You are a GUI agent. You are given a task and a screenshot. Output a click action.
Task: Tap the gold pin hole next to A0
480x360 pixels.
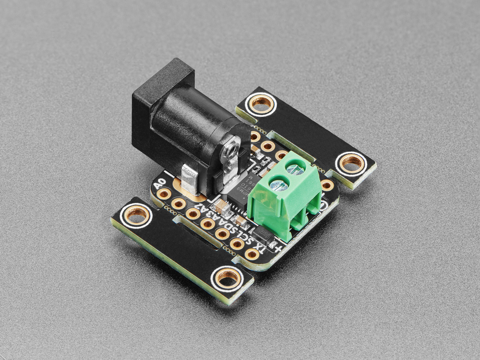click(x=164, y=194)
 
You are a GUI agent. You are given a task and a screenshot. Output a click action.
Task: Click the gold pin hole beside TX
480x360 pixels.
click(x=251, y=254)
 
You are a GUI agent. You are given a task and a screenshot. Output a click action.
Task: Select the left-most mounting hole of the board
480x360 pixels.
click(x=138, y=215)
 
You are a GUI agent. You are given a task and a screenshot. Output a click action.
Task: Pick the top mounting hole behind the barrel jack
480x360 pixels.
click(x=259, y=104)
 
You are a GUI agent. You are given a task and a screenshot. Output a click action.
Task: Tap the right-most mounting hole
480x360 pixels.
click(x=351, y=162)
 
